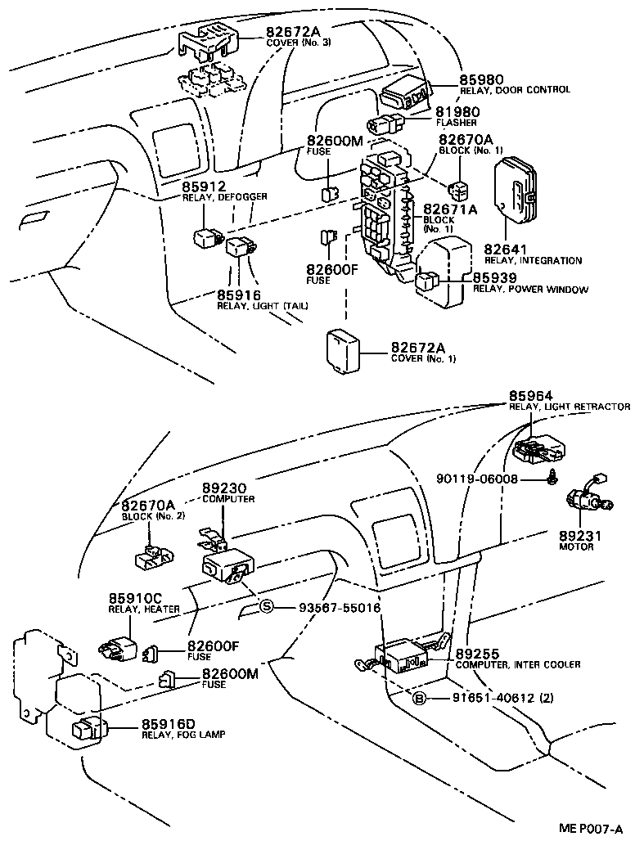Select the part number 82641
pos(506,249)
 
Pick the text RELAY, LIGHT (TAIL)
pos(251,305)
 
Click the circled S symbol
pos(266,607)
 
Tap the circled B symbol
pos(419,699)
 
